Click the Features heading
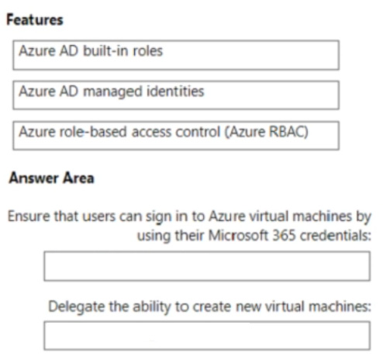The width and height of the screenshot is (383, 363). (x=35, y=20)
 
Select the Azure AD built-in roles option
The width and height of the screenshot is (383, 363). (x=176, y=55)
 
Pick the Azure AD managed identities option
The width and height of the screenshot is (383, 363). (x=176, y=95)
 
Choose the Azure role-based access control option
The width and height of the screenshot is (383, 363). (x=176, y=136)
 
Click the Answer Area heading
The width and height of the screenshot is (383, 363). (x=51, y=178)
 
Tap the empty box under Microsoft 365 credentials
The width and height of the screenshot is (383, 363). (x=207, y=266)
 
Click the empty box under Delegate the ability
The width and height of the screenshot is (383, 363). (x=207, y=336)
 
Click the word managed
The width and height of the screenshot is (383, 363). (x=112, y=92)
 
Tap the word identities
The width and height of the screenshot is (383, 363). (x=175, y=92)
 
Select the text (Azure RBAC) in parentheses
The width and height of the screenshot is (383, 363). (x=267, y=132)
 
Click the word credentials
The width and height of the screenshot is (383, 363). (x=336, y=236)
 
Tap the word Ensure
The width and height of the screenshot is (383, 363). (x=29, y=216)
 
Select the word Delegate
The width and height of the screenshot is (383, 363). (x=77, y=307)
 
